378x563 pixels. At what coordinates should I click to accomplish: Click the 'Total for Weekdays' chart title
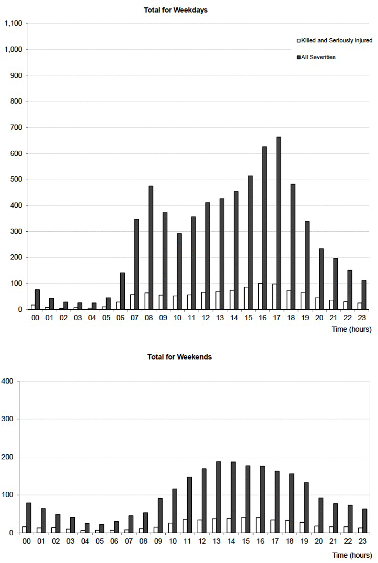click(176, 10)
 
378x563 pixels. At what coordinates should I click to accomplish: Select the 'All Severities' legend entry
click(318, 57)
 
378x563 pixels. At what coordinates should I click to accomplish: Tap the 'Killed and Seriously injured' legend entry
click(336, 40)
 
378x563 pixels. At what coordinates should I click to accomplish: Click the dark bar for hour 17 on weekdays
click(279, 223)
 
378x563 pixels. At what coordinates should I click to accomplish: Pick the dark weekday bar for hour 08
click(151, 247)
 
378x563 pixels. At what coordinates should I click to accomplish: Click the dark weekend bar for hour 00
click(29, 517)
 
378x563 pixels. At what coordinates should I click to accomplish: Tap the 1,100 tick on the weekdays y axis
click(13, 24)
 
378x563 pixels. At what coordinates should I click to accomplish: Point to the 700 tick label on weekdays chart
click(16, 128)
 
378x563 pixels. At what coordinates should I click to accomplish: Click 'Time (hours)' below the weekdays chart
click(351, 330)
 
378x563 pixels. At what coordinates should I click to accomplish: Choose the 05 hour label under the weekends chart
click(99, 541)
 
